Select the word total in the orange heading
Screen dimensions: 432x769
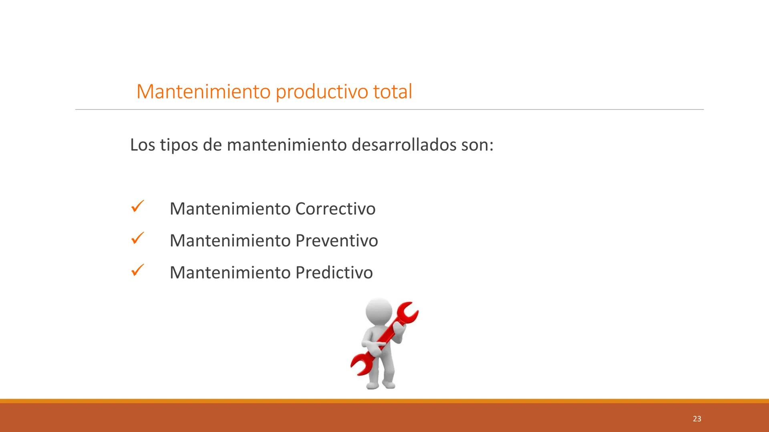click(392, 92)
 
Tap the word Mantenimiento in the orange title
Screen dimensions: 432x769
click(203, 92)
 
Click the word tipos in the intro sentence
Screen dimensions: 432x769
click(179, 145)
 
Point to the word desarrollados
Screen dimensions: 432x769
click(404, 145)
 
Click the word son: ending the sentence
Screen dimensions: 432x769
click(477, 145)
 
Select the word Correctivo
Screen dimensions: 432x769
click(335, 209)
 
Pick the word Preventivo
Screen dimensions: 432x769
click(336, 241)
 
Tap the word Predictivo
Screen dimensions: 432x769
click(334, 273)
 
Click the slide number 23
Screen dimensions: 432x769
click(697, 419)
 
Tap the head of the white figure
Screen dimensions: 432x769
click(379, 312)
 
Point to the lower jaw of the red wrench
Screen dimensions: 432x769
click(360, 364)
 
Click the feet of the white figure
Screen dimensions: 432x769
click(380, 385)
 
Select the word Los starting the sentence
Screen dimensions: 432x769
click(142, 145)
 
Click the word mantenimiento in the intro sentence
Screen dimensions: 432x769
click(286, 145)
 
